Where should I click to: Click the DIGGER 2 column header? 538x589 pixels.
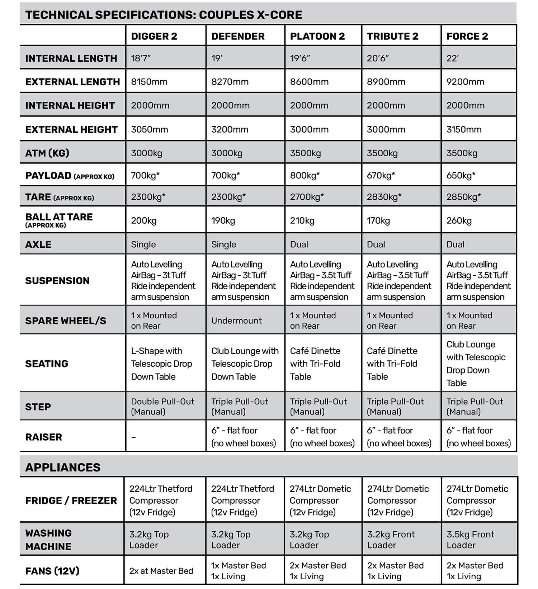[x=154, y=36]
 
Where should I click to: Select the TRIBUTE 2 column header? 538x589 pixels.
[x=392, y=36]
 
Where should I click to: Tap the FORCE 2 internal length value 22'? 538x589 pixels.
[x=453, y=58]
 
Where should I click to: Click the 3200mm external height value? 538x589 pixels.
[x=230, y=129]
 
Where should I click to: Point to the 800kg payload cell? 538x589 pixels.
[x=305, y=176]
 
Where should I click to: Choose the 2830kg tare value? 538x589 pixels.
[x=384, y=197]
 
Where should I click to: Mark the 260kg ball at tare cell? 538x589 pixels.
[x=459, y=220]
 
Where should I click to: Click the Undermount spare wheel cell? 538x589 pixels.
[x=236, y=320]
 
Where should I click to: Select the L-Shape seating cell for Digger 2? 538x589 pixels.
[x=161, y=364]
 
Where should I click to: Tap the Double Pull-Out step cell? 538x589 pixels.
[x=162, y=407]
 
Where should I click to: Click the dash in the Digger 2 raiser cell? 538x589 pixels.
[x=133, y=437]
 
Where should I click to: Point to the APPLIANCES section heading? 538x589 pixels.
[x=63, y=467]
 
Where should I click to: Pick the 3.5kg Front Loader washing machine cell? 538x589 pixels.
[x=470, y=540]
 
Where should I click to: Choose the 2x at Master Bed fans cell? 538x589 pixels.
[x=161, y=571]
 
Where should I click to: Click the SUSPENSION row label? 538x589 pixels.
[x=57, y=280]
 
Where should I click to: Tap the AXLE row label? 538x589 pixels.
[x=38, y=244]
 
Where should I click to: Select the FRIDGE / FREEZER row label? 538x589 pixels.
[x=71, y=500]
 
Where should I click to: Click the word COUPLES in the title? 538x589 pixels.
[x=222, y=15]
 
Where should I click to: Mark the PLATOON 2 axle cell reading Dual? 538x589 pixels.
[x=299, y=244]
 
